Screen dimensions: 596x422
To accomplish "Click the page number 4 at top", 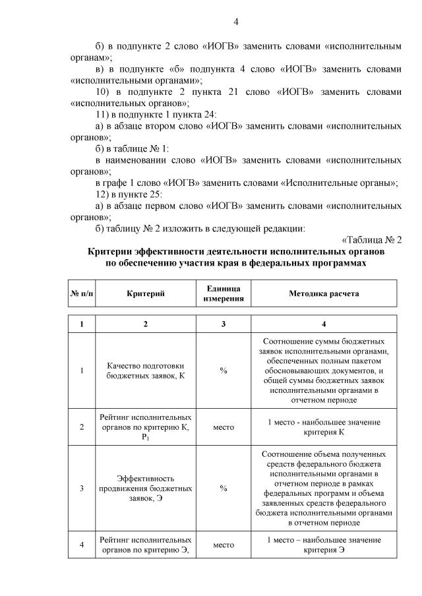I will click(236, 22).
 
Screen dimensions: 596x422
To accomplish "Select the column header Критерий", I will click(145, 293).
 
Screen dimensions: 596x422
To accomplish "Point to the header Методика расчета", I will click(323, 293).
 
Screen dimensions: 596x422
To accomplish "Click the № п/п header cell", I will click(81, 293).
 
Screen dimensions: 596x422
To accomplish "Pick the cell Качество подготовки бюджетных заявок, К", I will click(145, 371).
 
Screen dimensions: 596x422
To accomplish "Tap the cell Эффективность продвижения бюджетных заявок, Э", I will click(145, 489).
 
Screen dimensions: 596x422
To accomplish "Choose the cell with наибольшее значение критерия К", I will click(323, 427).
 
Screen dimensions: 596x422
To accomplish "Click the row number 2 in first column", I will click(81, 427).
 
